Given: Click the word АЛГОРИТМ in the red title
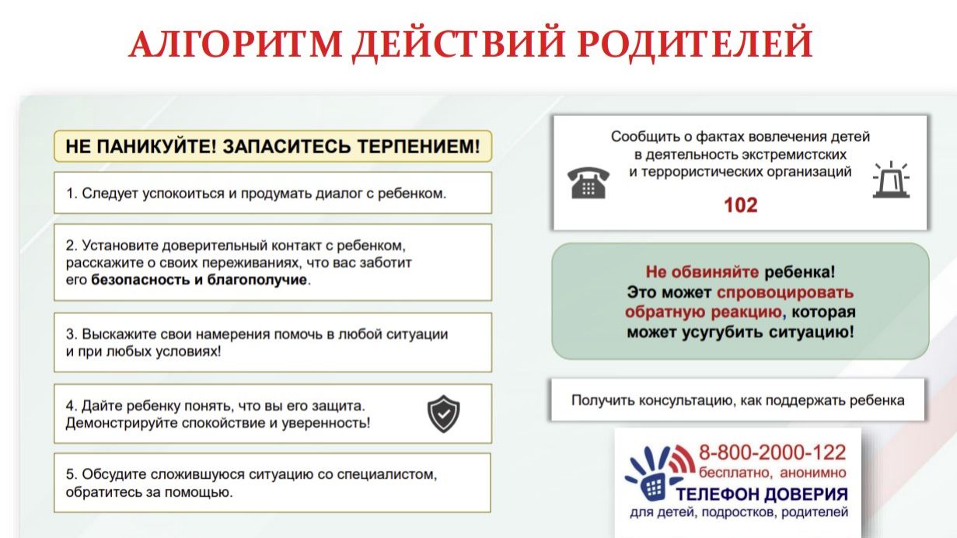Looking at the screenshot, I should [x=235, y=44].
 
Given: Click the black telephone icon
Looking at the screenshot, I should [x=589, y=182].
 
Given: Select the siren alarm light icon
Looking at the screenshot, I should [x=890, y=180].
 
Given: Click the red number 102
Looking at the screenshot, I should [x=740, y=205].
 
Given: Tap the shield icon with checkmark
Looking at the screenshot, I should [x=444, y=414].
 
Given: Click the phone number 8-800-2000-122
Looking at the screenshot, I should [x=772, y=452].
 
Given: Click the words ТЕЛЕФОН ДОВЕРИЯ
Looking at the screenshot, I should [x=761, y=494].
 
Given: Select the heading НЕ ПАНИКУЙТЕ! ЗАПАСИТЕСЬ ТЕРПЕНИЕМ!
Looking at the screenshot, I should [x=272, y=146].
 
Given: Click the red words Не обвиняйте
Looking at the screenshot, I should [x=703, y=272].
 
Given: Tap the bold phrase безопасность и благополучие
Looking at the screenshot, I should [x=199, y=280].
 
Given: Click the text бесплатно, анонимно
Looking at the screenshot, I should [x=771, y=473].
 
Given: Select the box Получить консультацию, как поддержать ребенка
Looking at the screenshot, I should [x=737, y=400].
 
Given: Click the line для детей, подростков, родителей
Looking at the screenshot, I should [x=739, y=512].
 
